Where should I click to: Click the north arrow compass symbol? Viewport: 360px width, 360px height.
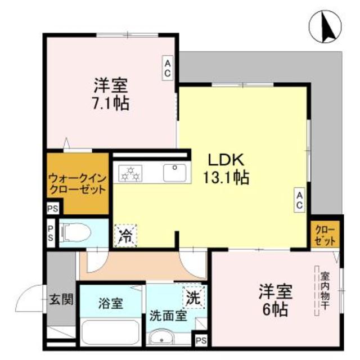(326, 26)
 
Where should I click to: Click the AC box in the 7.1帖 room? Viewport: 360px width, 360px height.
(168, 68)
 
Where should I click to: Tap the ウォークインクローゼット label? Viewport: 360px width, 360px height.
(76, 182)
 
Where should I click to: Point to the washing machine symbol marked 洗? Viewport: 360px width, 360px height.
(193, 296)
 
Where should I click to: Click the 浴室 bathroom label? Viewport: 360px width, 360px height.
(111, 304)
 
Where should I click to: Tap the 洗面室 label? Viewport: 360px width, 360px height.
(168, 316)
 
